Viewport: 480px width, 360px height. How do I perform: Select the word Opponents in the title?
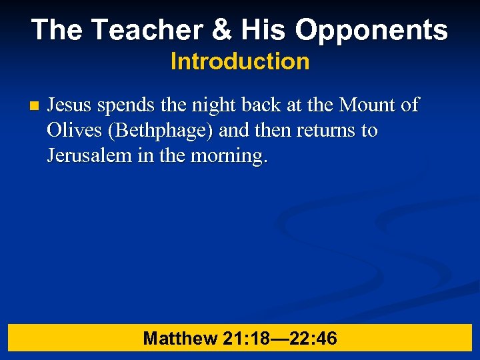pos(372,29)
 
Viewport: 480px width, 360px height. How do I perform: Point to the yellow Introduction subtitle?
pos(240,62)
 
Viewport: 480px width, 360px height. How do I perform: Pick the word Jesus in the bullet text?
pos(70,105)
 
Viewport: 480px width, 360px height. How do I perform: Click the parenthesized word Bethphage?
pos(164,131)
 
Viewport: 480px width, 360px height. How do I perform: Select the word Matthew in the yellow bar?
pos(180,339)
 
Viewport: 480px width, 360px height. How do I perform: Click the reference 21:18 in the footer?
pos(246,339)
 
